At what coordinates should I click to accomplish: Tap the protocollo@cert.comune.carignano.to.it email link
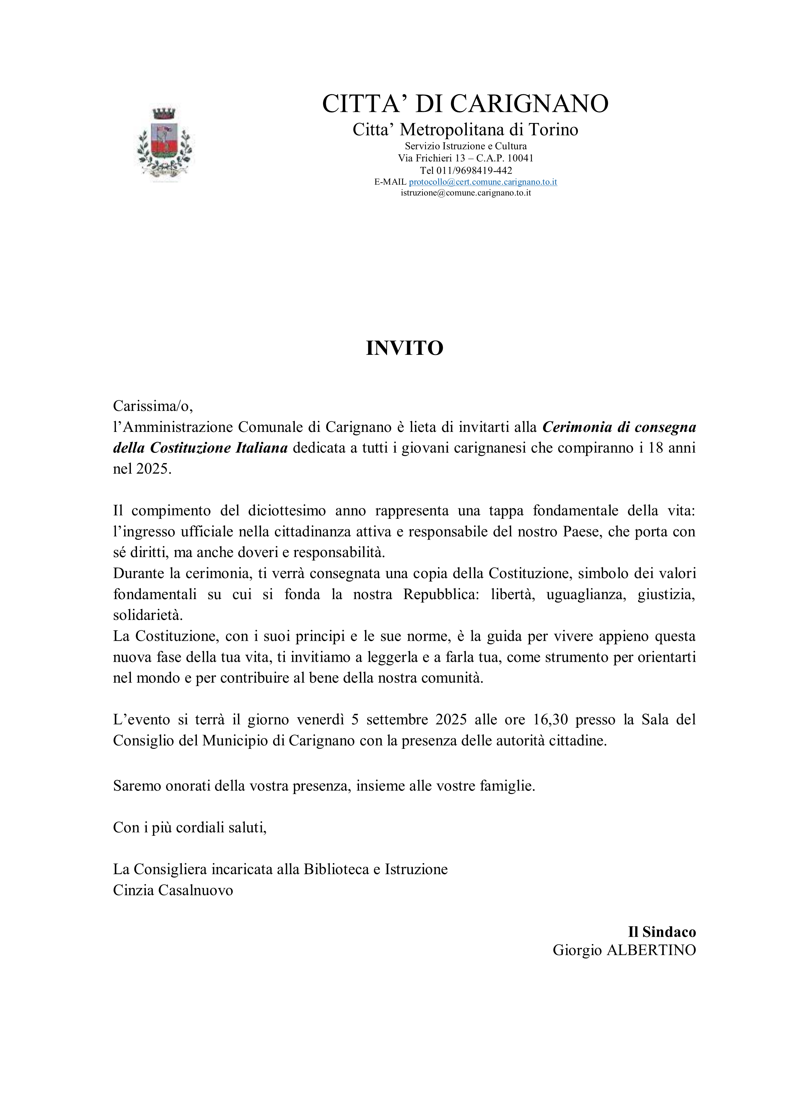(483, 182)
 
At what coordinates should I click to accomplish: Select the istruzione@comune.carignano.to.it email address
(465, 193)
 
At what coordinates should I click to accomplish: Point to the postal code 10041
(520, 158)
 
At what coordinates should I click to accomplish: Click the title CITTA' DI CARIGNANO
(465, 104)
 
